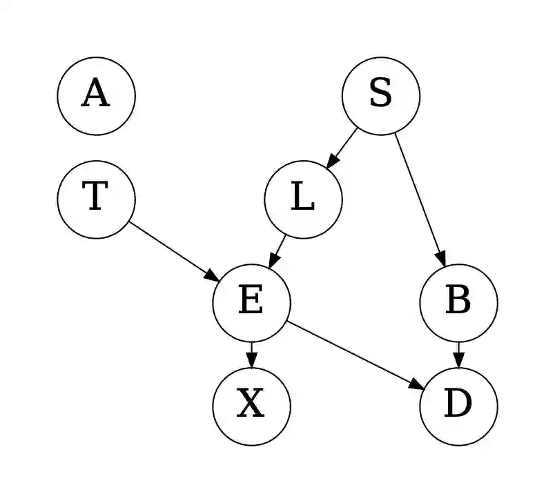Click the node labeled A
pos(96,95)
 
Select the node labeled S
pos(381,95)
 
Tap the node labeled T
pos(96,199)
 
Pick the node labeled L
pos(303,199)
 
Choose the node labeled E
pos(251,302)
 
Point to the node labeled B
pos(458,302)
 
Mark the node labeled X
pos(251,406)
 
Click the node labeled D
pos(458,406)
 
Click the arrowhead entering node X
pos(251,361)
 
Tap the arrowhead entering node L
pos(331,161)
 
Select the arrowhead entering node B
pos(442,258)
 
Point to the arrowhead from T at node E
pos(212,275)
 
